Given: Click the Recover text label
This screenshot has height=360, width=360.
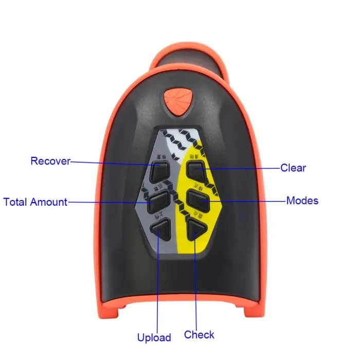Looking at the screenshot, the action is [x=50, y=161].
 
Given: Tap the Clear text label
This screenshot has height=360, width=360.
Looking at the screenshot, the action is [x=293, y=168].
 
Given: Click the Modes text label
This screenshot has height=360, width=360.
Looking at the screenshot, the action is [x=302, y=200].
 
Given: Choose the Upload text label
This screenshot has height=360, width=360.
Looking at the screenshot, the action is [x=154, y=338].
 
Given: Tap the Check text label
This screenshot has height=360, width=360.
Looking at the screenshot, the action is [x=199, y=335].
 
